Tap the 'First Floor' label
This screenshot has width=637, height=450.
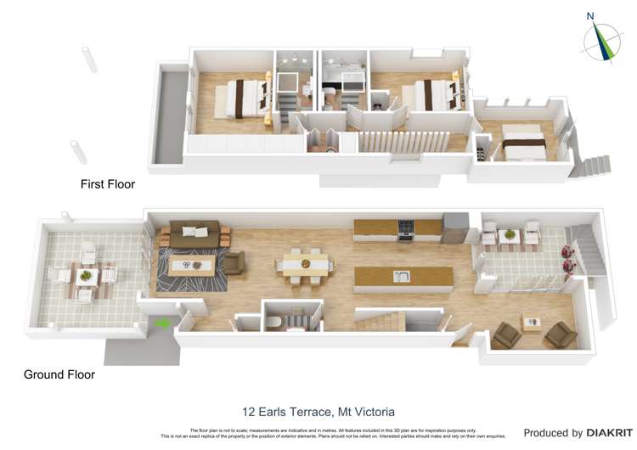click(108, 183)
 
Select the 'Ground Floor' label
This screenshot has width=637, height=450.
click(59, 374)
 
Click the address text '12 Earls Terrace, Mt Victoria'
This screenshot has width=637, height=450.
click(318, 412)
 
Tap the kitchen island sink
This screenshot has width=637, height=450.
click(401, 276)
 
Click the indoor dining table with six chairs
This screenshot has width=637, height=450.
click(302, 264)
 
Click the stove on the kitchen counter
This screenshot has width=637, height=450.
click(406, 228)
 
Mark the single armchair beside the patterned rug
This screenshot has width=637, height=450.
click(234, 264)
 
